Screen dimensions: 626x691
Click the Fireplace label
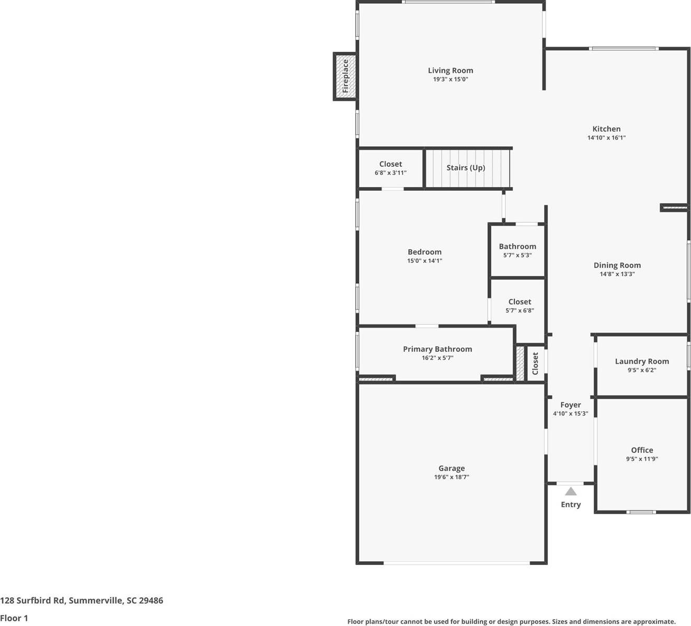pyautogui.click(x=345, y=76)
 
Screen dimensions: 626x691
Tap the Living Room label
pyautogui.click(x=450, y=71)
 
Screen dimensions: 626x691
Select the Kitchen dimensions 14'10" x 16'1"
pyautogui.click(x=606, y=138)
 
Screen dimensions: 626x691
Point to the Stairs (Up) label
pyautogui.click(x=465, y=168)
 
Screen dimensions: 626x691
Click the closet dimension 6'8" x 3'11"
pyautogui.click(x=390, y=173)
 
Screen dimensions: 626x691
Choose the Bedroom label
pyautogui.click(x=424, y=252)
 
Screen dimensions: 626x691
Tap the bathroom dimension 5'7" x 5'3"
pyautogui.click(x=517, y=256)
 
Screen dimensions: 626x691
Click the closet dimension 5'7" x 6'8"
pyautogui.click(x=520, y=311)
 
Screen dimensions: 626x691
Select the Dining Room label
pyautogui.click(x=617, y=265)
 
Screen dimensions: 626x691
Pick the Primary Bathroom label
pyautogui.click(x=437, y=349)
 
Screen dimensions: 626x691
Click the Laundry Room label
pyautogui.click(x=641, y=361)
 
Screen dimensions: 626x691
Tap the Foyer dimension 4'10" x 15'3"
pyautogui.click(x=570, y=414)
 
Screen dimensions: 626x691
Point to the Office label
pyautogui.click(x=641, y=450)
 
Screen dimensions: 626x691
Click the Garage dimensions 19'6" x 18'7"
pyautogui.click(x=451, y=477)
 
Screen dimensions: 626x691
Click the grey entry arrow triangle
pyautogui.click(x=571, y=491)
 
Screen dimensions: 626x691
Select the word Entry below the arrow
pyautogui.click(x=571, y=504)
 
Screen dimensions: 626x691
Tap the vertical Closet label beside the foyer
pyautogui.click(x=535, y=363)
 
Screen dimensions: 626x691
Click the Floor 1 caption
pyautogui.click(x=14, y=618)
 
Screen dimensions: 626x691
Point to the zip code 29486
pyautogui.click(x=151, y=600)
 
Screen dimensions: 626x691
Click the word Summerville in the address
pyautogui.click(x=96, y=600)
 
